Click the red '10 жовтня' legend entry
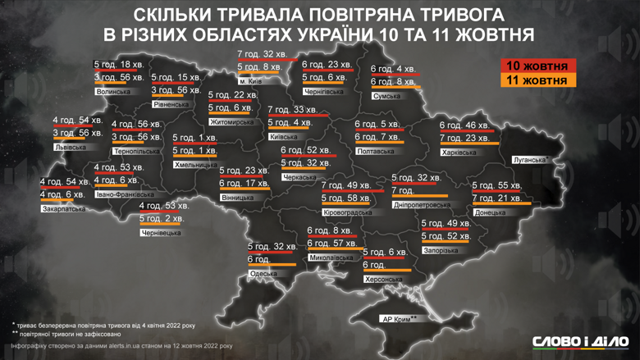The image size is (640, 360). (537, 66)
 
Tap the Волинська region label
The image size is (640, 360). (112, 92)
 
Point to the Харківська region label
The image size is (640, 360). (459, 152)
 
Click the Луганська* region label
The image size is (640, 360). (528, 159)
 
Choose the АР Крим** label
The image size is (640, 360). (396, 317)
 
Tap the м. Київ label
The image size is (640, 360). (251, 81)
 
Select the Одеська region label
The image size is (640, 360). (263, 272)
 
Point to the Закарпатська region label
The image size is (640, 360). (63, 208)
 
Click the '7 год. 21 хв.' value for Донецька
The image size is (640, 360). (497, 198)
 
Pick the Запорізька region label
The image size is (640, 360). (440, 249)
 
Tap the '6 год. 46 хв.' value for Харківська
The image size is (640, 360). (464, 125)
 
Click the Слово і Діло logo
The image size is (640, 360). (580, 340)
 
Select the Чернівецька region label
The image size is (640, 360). (160, 233)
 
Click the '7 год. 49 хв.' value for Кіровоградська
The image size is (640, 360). (346, 185)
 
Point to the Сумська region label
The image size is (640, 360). (387, 95)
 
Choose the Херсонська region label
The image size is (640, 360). (382, 279)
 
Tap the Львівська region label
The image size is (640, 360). (70, 148)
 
